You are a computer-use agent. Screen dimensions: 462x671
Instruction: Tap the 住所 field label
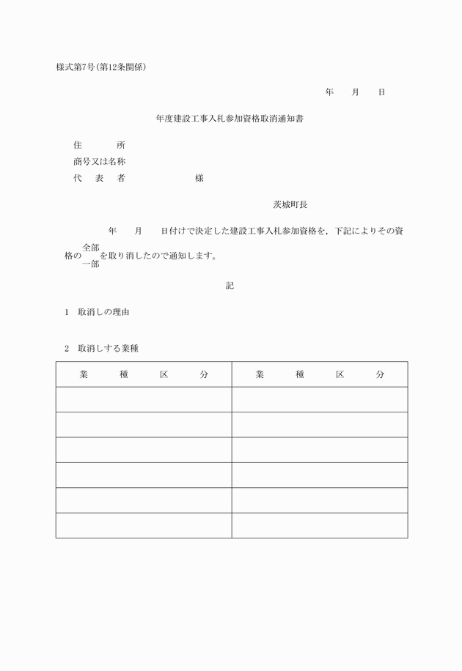click(x=99, y=145)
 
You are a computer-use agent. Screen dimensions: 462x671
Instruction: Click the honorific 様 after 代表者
click(x=199, y=178)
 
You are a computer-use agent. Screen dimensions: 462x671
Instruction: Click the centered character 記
click(x=230, y=285)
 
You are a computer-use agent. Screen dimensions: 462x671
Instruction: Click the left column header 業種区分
click(x=144, y=374)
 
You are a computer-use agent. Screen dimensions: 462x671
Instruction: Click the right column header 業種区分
click(x=320, y=374)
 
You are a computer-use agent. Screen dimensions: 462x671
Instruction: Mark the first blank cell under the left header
click(x=144, y=399)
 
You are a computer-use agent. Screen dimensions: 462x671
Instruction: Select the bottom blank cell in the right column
click(x=320, y=525)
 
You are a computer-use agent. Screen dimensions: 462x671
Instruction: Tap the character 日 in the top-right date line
click(x=381, y=92)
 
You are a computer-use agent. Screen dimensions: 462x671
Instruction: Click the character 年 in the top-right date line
click(x=329, y=92)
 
